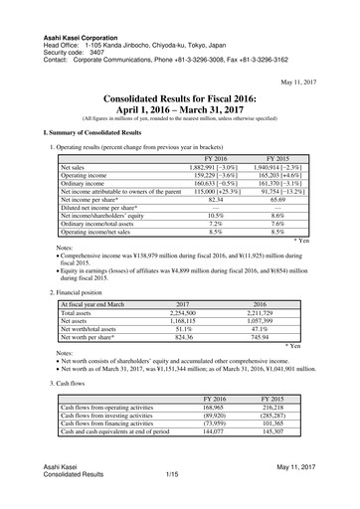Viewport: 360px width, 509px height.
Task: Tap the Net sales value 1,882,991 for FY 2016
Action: [x=203, y=168]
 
